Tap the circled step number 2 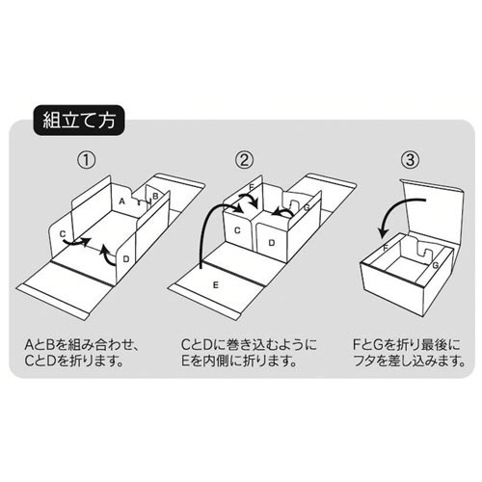tap(245, 159)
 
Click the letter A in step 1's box tap(122, 201)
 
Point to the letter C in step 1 tap(62, 233)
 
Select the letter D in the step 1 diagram tap(127, 258)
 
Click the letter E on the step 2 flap tap(215, 287)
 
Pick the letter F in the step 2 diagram tap(252, 187)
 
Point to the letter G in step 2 tap(306, 206)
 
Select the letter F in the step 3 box tap(386, 249)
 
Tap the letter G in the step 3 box tap(435, 263)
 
